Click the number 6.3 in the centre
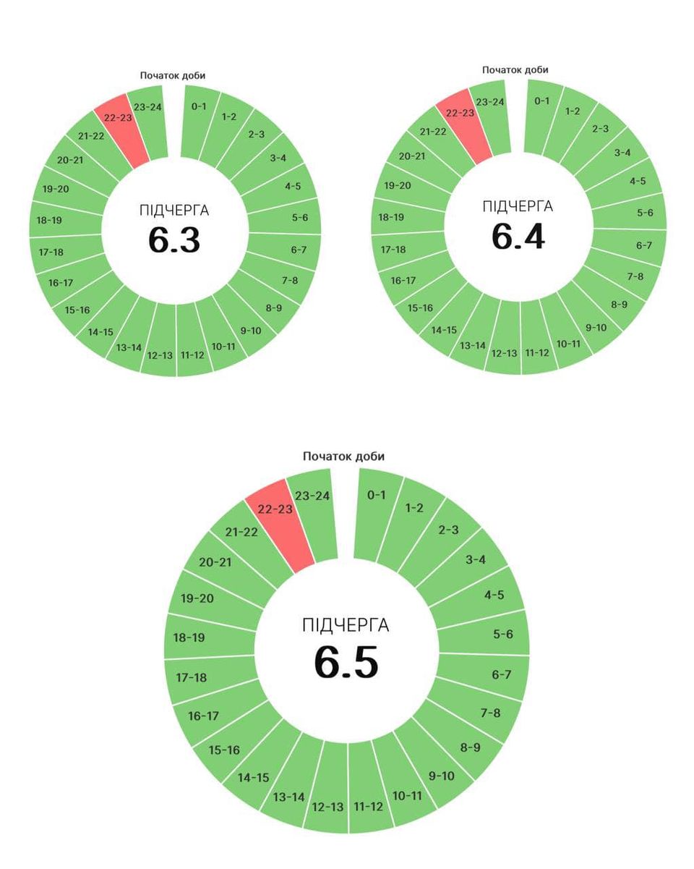(174, 241)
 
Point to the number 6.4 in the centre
(518, 237)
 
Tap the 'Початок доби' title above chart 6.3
(173, 75)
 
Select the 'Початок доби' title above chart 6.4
(515, 69)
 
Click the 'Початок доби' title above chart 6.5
(343, 457)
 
